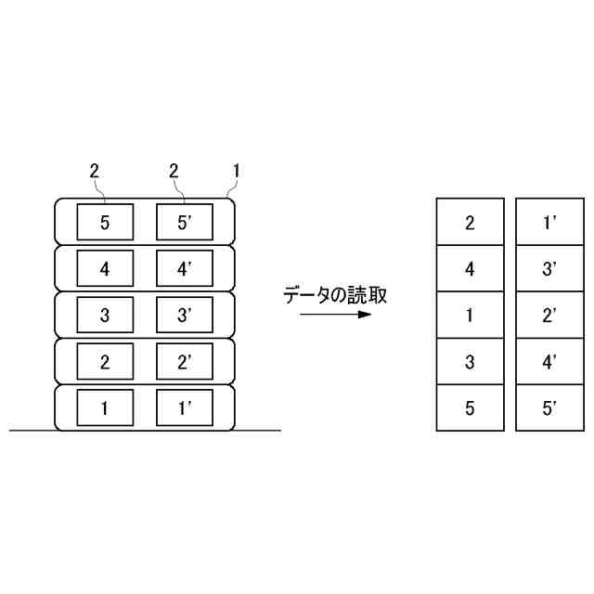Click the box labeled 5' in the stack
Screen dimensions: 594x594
[184, 222]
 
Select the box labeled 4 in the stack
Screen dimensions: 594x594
[105, 269]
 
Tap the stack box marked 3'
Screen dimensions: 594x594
[184, 315]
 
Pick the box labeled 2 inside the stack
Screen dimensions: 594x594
[105, 360]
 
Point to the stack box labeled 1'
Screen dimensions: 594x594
[184, 407]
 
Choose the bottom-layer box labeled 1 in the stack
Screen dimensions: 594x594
[105, 407]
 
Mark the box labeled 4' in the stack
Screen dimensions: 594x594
[184, 269]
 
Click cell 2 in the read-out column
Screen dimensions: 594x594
[470, 222]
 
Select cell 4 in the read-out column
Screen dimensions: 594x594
[470, 269]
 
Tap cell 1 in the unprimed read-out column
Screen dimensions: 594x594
[470, 315]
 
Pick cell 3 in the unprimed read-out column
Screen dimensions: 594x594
[470, 360]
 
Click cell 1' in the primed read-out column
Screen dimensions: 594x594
[549, 222]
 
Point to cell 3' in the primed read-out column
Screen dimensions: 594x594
[549, 269]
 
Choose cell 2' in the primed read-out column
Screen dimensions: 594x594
[549, 315]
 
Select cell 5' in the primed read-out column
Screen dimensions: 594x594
[549, 407]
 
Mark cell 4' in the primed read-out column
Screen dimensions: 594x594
[549, 360]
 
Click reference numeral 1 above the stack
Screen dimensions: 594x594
[237, 171]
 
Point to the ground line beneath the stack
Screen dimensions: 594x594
[260, 431]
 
